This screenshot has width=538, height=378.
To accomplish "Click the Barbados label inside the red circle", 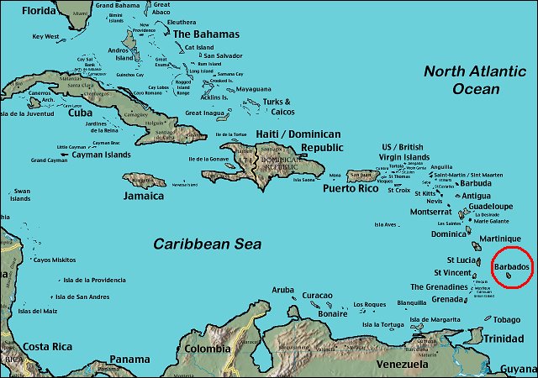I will (511, 266).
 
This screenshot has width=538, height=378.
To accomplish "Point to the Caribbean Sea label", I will (207, 244).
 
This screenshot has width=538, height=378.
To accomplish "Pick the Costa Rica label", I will (46, 346).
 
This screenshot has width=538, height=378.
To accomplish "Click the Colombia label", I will (208, 349).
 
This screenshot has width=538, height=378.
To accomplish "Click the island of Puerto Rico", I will (362, 176).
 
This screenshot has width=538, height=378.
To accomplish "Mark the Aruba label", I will (283, 290).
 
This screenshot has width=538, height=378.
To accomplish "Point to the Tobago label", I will (506, 319).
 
